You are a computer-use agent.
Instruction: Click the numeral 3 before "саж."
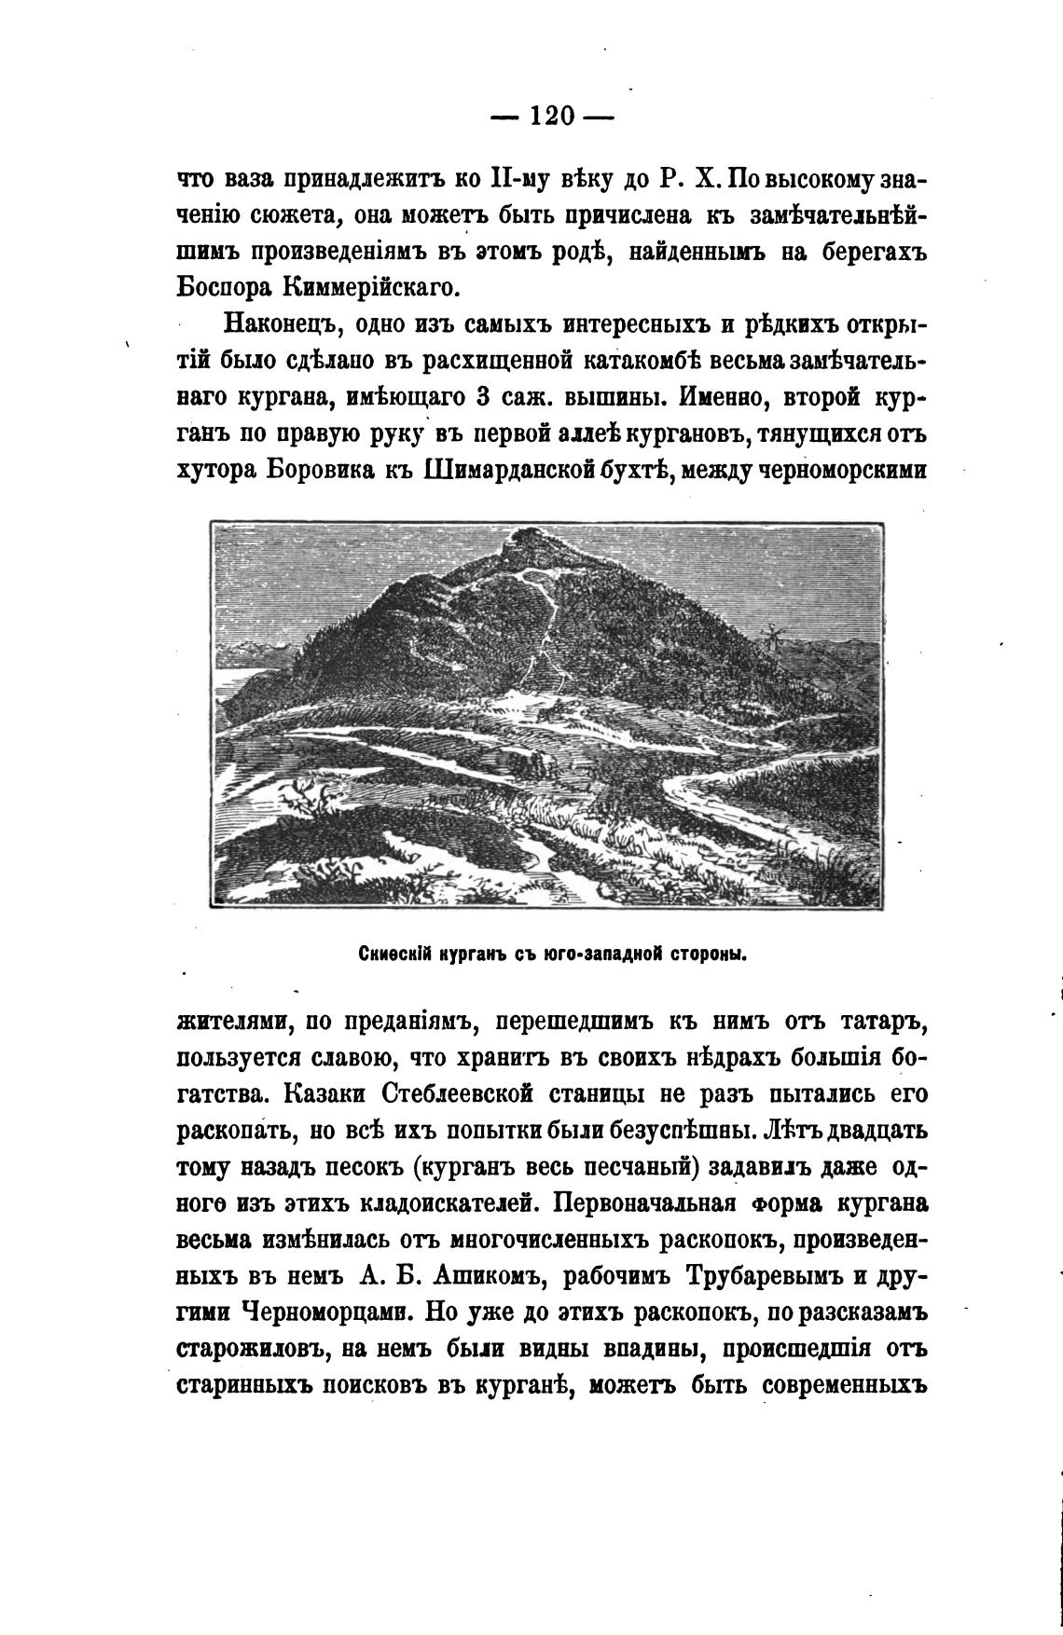[484, 397]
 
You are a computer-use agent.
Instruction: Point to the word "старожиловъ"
[249, 1350]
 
